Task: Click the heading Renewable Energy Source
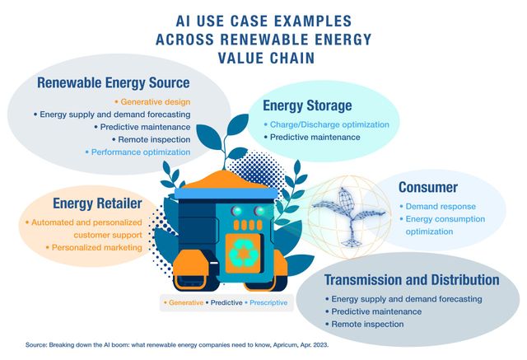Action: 114,83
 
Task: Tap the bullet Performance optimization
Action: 142,152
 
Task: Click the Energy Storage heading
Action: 307,105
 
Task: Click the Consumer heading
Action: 428,187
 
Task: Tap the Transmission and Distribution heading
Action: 411,279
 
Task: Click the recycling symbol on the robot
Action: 244,253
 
